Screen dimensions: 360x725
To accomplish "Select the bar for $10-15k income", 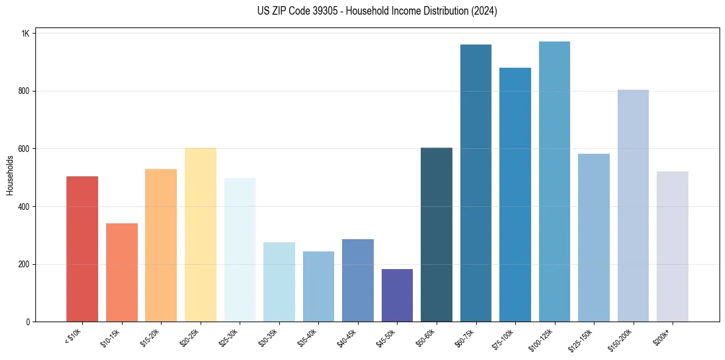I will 121,272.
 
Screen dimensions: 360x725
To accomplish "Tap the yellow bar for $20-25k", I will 200,235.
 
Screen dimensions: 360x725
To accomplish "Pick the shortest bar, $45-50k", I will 397,295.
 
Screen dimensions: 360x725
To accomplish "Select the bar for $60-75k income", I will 476,183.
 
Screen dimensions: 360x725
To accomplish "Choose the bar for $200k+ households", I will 672,247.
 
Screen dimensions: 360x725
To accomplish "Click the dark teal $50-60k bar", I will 437,235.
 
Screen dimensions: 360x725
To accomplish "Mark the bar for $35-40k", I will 318,286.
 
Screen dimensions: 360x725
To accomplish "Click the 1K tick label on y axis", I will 25,34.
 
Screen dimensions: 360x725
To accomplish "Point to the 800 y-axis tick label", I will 24,91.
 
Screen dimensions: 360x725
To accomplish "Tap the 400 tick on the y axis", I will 24,207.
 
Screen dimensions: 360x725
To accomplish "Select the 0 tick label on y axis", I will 27,322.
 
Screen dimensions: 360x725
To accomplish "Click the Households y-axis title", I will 10,175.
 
